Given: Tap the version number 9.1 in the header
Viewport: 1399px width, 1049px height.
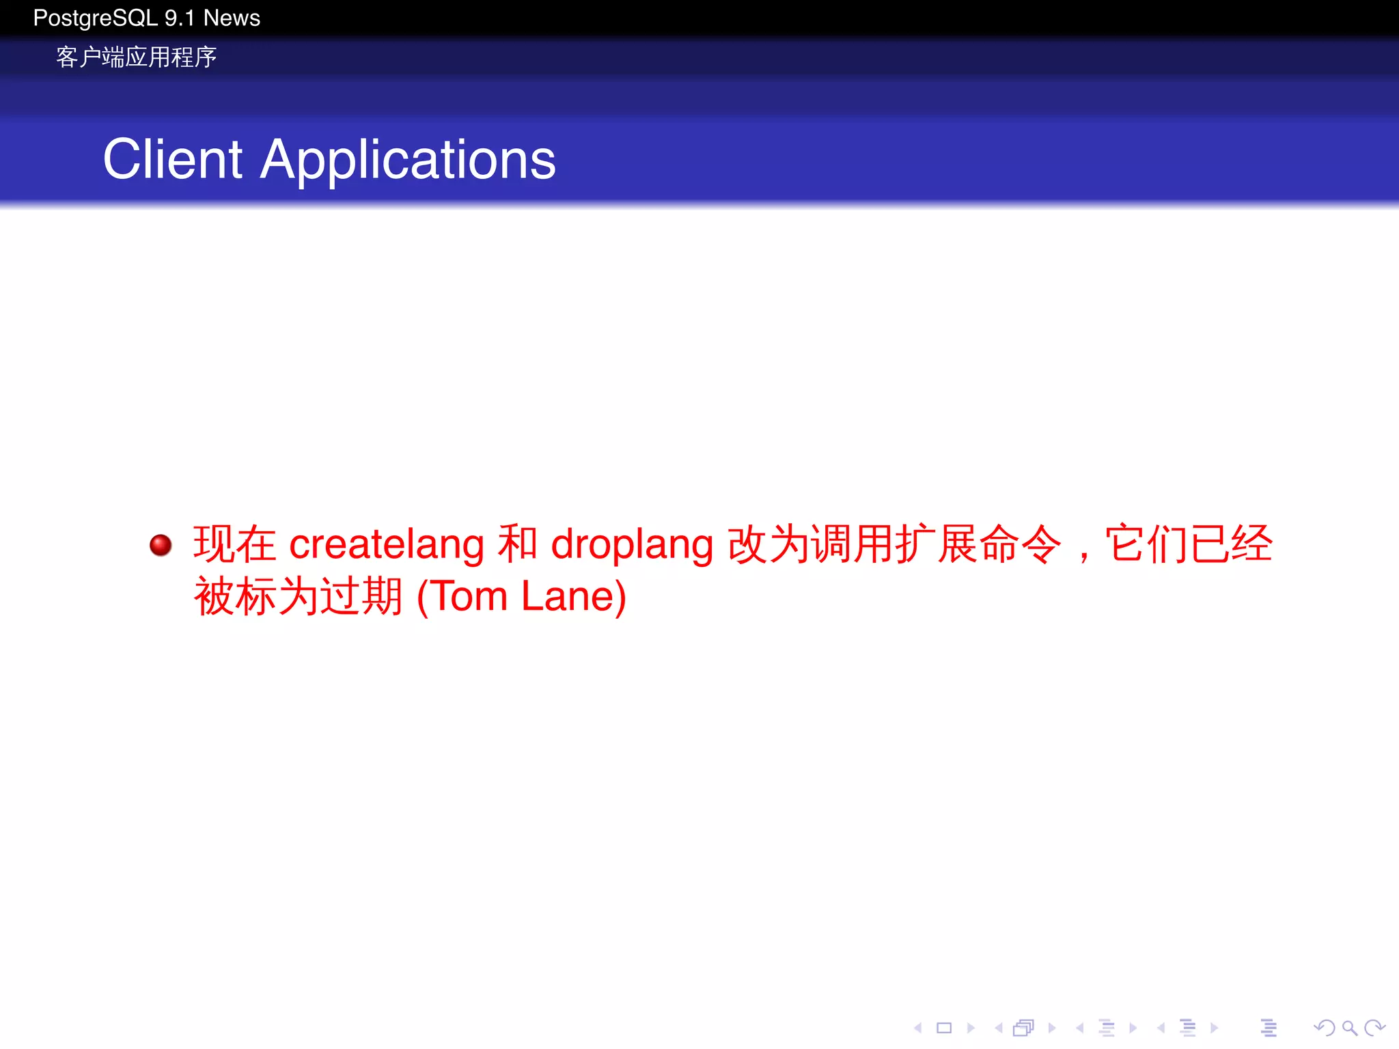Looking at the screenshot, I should coord(180,18).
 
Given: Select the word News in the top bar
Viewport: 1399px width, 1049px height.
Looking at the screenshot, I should coord(232,18).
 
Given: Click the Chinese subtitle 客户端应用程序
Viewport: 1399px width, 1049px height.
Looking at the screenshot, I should coord(136,57).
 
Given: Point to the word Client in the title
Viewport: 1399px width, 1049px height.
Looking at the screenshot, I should coord(172,159).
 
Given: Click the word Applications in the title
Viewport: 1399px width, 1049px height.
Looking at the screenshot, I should coord(408,160).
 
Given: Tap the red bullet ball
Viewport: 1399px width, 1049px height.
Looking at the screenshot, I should coord(161,545).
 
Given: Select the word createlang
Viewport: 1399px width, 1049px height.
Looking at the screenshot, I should coord(387,545).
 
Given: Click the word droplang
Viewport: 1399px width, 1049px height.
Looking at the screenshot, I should coord(632,545).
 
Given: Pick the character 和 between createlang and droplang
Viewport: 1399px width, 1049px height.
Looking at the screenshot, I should coord(517,544).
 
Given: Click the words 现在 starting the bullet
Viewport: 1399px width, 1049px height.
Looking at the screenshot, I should coord(234,544).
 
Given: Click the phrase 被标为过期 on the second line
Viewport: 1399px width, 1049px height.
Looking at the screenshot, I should coord(298,596).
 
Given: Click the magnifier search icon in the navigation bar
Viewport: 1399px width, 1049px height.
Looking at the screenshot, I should coord(1349,1028).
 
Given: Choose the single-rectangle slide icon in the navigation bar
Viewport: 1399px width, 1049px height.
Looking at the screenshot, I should coord(944,1028).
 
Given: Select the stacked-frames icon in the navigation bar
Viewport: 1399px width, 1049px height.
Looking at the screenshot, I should coord(1024,1028).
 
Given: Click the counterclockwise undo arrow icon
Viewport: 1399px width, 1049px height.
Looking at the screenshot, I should coord(1324,1028).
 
